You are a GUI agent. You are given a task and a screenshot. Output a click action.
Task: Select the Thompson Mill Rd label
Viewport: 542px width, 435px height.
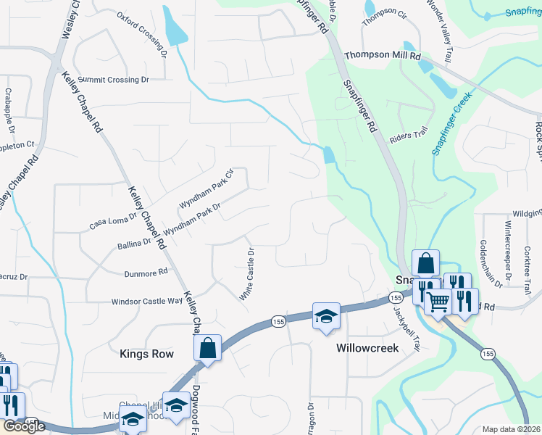pos(383,55)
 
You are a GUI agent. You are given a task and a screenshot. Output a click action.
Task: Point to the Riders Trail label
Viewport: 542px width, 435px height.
pos(409,136)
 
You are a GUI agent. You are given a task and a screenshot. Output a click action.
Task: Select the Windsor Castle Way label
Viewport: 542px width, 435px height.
pos(147,302)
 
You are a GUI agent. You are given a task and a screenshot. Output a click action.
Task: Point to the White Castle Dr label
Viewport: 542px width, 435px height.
pos(247,275)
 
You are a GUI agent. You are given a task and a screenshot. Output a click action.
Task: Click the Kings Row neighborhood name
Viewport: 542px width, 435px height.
pos(146,354)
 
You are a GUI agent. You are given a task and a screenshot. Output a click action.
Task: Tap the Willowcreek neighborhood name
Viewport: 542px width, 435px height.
pos(367,349)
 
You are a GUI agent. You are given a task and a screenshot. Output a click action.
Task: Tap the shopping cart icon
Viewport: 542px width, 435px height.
pos(438,302)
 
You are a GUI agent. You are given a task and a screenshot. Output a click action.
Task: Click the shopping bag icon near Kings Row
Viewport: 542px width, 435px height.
pos(208,348)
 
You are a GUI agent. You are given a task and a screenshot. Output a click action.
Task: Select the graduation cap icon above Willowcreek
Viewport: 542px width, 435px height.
pos(327,315)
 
